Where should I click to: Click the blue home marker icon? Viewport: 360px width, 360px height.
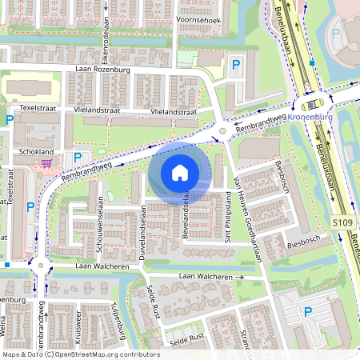180,172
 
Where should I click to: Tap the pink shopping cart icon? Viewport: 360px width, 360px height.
46,163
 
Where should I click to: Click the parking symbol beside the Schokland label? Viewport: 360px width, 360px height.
78,158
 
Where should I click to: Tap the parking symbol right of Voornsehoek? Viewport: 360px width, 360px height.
235,64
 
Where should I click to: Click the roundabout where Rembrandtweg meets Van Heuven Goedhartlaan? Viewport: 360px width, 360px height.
222,130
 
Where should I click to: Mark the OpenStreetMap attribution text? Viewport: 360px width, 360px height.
81,354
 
